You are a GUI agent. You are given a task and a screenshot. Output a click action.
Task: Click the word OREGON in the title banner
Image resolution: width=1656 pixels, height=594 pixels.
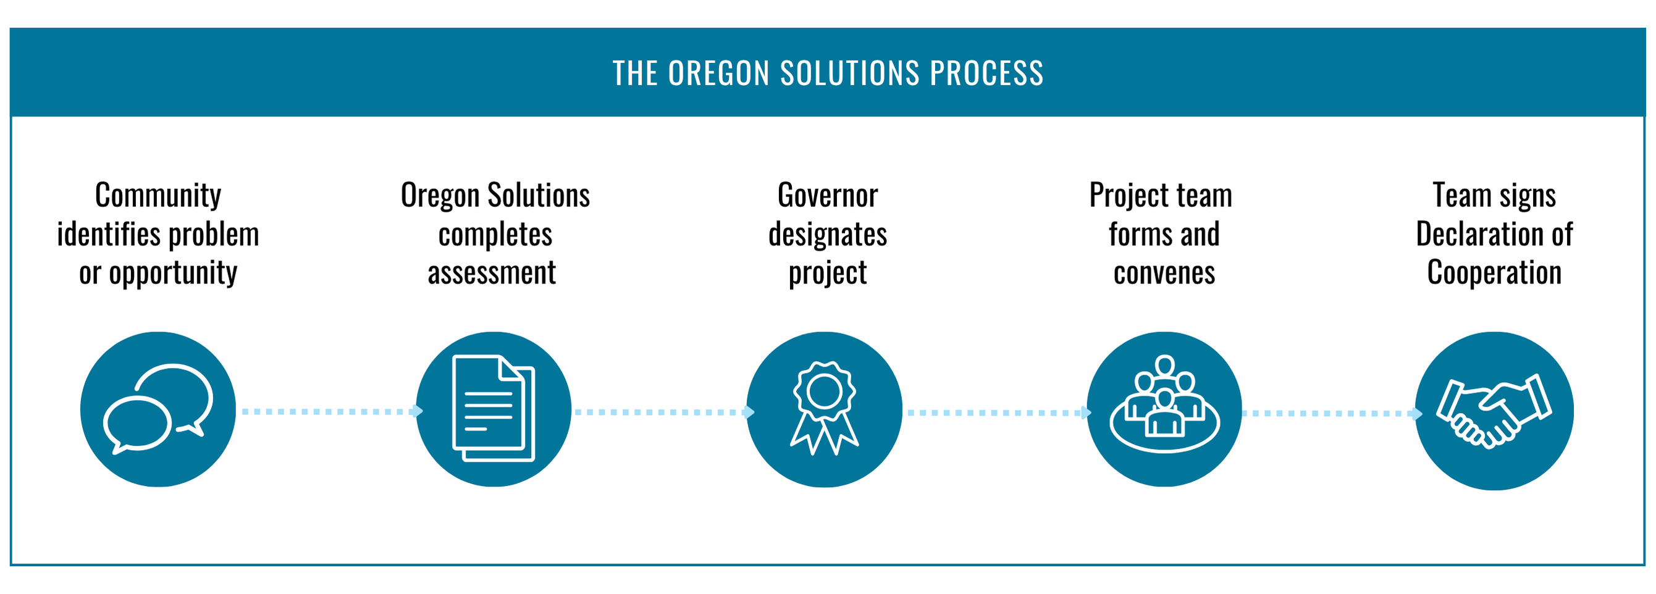click(719, 73)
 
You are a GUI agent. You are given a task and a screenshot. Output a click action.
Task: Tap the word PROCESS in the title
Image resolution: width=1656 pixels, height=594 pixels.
click(987, 73)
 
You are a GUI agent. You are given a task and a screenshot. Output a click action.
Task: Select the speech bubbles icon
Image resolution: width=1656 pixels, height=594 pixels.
click(158, 409)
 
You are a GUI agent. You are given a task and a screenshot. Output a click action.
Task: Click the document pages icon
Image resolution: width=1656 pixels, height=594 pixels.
click(494, 409)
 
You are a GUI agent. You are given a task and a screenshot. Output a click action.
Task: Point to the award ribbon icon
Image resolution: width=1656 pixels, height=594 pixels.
click(824, 409)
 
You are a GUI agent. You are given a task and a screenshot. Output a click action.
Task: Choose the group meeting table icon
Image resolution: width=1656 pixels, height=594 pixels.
click(1164, 409)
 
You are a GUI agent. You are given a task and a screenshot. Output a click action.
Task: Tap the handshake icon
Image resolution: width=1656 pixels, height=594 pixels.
click(1494, 411)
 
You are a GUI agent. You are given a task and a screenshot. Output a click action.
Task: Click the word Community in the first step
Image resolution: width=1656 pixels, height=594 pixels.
click(158, 196)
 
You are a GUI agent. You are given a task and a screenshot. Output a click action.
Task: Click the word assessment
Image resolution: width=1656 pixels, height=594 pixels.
click(492, 273)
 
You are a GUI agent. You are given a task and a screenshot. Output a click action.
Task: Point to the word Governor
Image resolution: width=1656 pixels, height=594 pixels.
click(827, 196)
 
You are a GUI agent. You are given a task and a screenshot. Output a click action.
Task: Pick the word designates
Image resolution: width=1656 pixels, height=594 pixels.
click(827, 235)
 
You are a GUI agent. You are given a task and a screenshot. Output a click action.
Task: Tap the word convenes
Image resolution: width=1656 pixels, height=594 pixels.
click(1164, 273)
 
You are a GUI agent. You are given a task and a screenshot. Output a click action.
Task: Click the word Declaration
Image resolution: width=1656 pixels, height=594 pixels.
click(1474, 235)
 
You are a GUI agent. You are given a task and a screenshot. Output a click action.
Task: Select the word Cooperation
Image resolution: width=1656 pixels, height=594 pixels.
click(1494, 273)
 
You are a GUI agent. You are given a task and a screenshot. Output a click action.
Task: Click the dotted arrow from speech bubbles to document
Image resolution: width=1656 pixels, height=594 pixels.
click(331, 411)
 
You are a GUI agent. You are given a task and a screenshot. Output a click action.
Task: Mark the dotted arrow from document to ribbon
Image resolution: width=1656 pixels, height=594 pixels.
click(662, 412)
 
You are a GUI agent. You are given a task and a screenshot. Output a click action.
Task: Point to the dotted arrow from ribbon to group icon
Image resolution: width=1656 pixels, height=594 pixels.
click(998, 412)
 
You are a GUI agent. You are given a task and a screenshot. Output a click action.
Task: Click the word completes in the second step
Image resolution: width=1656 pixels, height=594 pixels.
click(495, 235)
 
